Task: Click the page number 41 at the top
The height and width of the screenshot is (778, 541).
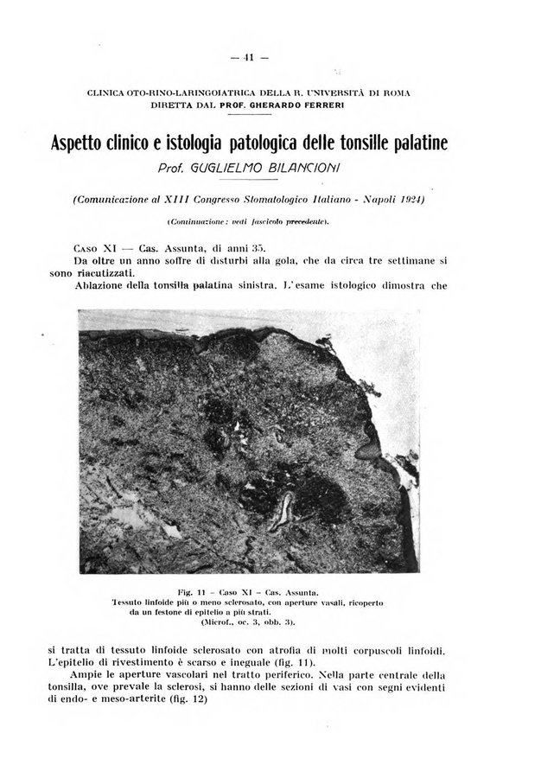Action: click(251, 60)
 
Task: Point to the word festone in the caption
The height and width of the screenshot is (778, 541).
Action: click(178, 611)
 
